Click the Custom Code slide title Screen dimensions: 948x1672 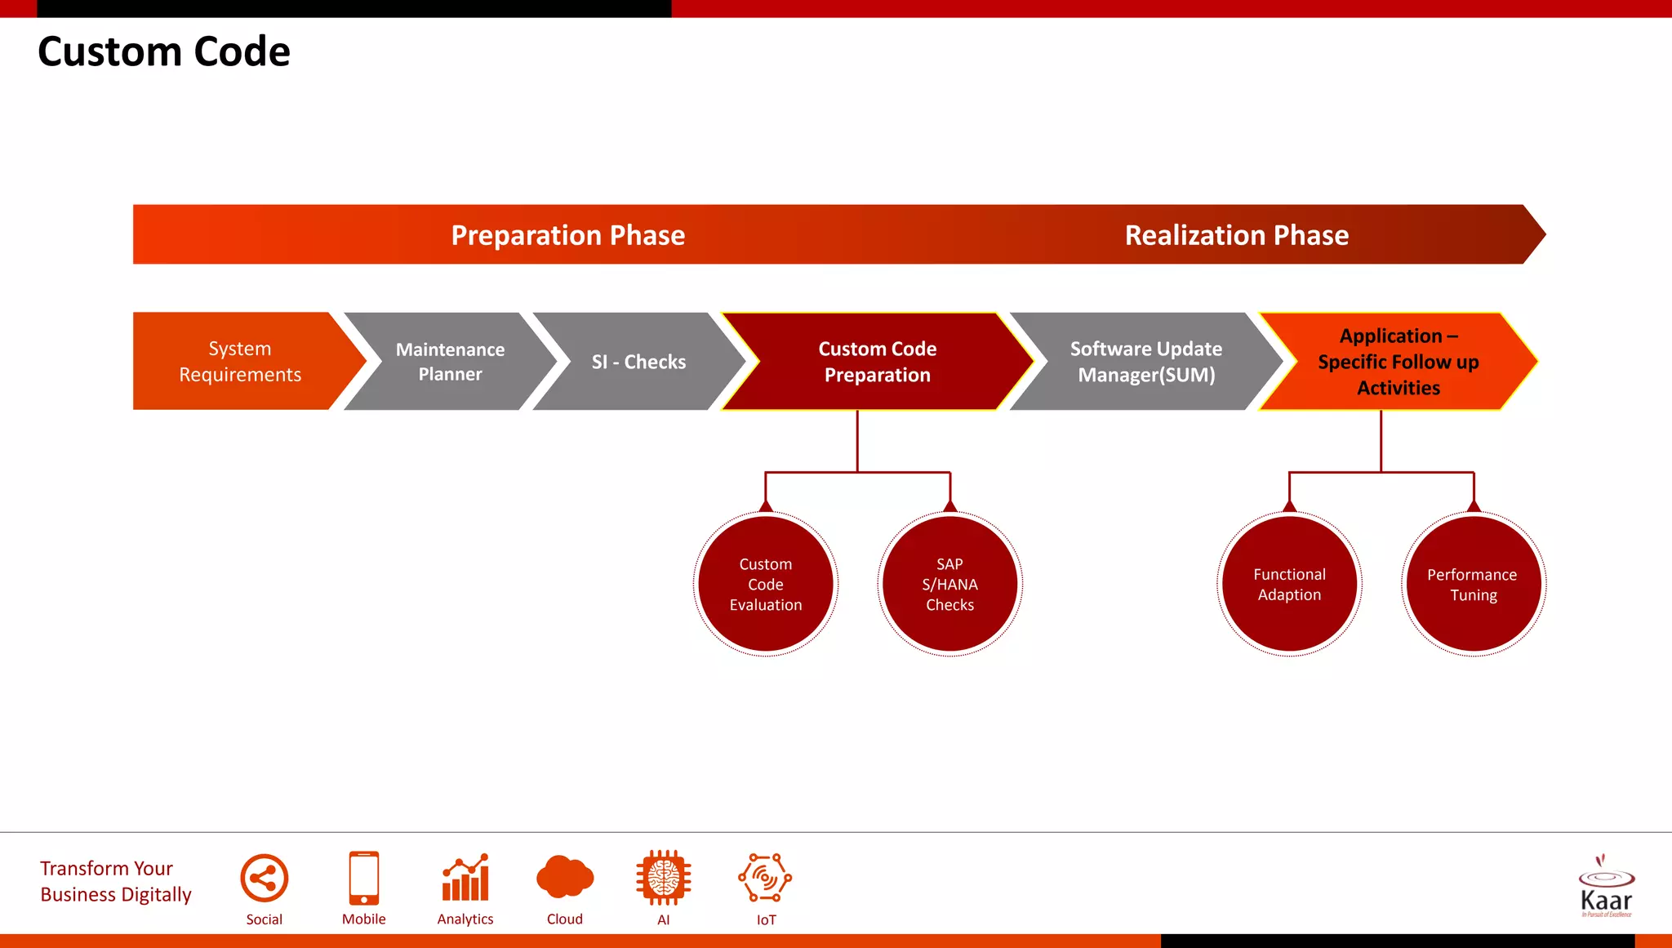(x=163, y=51)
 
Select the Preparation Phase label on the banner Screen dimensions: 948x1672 (x=567, y=235)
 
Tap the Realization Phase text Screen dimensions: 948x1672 (x=1236, y=235)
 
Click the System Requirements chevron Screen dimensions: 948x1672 (x=240, y=361)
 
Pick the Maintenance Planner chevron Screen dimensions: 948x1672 (x=450, y=361)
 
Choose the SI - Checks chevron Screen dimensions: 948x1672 (x=638, y=361)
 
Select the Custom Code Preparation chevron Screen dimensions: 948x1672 (x=877, y=361)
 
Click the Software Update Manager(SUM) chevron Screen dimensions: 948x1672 (x=1145, y=361)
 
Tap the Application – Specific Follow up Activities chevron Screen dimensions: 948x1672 (x=1398, y=361)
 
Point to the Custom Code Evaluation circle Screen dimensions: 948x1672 (x=766, y=584)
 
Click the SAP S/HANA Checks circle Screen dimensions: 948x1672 (x=949, y=584)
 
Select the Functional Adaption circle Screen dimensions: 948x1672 (x=1289, y=584)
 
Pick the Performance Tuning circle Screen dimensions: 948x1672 (x=1473, y=584)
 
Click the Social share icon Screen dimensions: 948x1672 (x=264, y=879)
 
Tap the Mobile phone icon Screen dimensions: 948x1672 (x=363, y=878)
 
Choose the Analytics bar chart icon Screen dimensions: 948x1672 (x=465, y=878)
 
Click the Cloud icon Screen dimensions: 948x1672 (x=564, y=878)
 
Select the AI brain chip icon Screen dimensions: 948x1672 (x=663, y=878)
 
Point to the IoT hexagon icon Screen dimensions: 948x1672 (x=765, y=878)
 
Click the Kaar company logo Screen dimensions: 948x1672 (x=1605, y=888)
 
